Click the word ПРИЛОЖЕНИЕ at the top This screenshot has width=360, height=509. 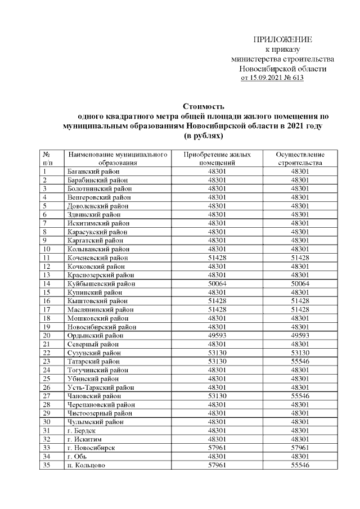(282, 40)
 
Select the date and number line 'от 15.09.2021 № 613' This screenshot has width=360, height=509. (272, 78)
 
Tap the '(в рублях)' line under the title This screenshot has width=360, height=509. (204, 136)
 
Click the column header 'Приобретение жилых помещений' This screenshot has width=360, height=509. (217, 158)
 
